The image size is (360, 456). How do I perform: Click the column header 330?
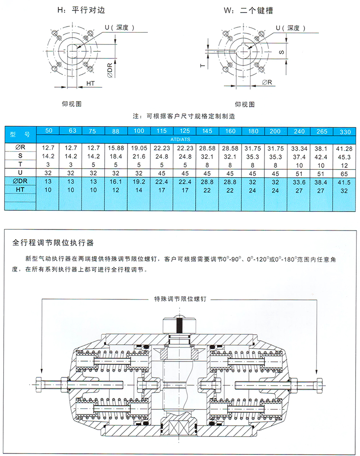pyautogui.click(x=345, y=131)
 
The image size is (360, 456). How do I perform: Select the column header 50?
pyautogui.click(x=49, y=131)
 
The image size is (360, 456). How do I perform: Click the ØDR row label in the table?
pyautogui.click(x=21, y=182)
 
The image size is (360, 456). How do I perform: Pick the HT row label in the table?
pyautogui.click(x=21, y=190)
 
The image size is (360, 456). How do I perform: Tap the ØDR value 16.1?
pyautogui.click(x=116, y=182)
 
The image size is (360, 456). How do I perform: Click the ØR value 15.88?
pyautogui.click(x=116, y=148)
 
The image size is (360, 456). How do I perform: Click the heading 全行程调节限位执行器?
pyautogui.click(x=53, y=243)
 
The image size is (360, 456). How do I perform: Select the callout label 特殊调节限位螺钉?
pyautogui.click(x=181, y=299)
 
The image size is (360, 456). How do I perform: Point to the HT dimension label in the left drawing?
pyautogui.click(x=91, y=83)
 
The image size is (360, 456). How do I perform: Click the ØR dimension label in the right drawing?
pyautogui.click(x=267, y=83)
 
